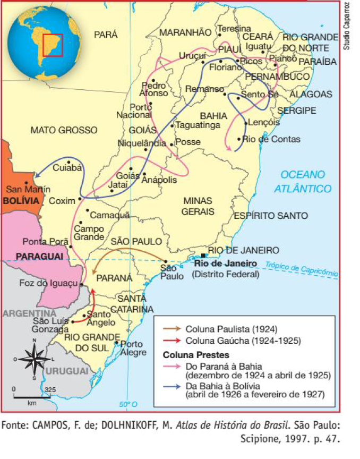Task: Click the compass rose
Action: (33, 359)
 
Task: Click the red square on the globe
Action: (53, 45)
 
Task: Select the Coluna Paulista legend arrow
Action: (171, 329)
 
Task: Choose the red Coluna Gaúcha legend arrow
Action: (171, 340)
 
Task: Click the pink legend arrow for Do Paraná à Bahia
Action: (171, 366)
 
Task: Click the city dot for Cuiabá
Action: (68, 161)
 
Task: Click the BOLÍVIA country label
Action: (21, 201)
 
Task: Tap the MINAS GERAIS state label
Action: (198, 206)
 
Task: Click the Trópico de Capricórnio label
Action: (301, 268)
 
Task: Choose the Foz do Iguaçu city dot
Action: (81, 285)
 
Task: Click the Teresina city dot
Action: (220, 35)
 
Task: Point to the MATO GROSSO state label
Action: (64, 130)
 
